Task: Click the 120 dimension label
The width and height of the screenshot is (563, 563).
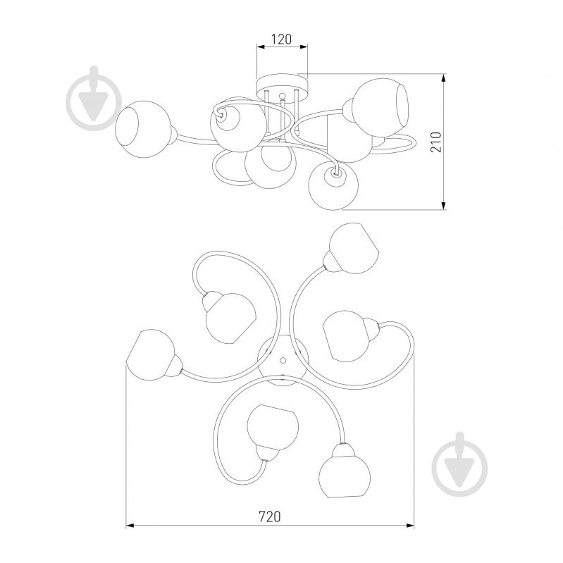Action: pyautogui.click(x=281, y=39)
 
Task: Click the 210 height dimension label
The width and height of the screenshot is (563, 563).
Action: pyautogui.click(x=436, y=142)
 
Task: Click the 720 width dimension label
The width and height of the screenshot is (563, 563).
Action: pyautogui.click(x=270, y=516)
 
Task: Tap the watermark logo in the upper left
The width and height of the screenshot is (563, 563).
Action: pyautogui.click(x=94, y=97)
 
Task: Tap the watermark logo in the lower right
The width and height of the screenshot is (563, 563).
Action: pyautogui.click(x=460, y=464)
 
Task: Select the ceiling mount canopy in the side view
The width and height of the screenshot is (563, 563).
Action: pyautogui.click(x=283, y=87)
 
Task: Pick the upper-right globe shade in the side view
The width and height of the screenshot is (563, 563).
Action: pyautogui.click(x=380, y=104)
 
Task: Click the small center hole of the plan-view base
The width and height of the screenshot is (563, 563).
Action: pyautogui.click(x=283, y=360)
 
